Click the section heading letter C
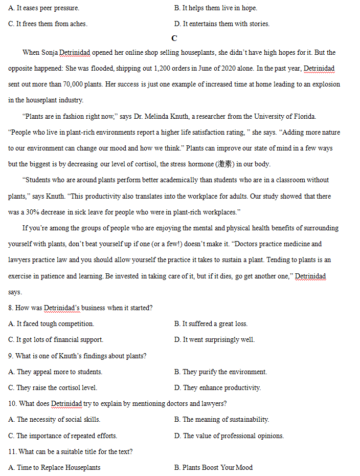pos(174,38)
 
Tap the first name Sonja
pos(49,53)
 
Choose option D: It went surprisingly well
pos(214,340)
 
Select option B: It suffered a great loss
pos(211,324)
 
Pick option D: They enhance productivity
pos(217,388)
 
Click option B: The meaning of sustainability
pos(221,420)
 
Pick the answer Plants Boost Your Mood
pos(213,468)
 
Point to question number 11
pos(12,452)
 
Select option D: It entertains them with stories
pos(221,24)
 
